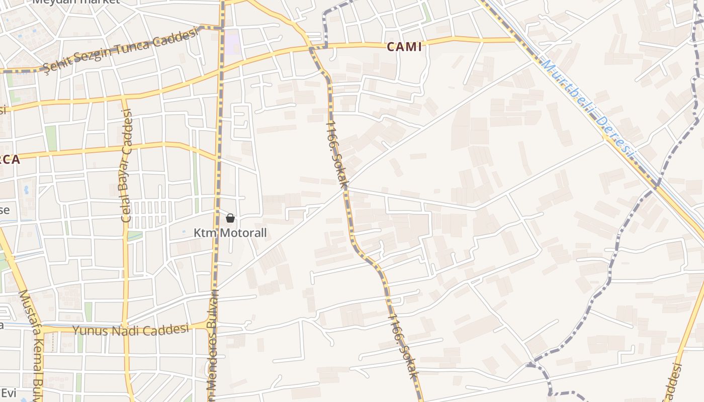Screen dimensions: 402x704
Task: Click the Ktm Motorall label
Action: tap(230, 233)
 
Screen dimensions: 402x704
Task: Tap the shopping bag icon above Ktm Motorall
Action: tap(230, 218)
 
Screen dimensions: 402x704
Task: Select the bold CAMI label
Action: tap(404, 47)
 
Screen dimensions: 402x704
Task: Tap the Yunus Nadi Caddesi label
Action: tap(132, 330)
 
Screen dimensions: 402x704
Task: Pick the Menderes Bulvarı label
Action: tap(213, 347)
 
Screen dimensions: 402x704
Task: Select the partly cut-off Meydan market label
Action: tap(76, 2)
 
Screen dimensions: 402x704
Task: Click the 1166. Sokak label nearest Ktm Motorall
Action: tap(336, 154)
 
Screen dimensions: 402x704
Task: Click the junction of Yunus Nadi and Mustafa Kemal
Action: tap(43, 330)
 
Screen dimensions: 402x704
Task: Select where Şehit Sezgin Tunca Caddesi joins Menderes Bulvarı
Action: tap(221, 27)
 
